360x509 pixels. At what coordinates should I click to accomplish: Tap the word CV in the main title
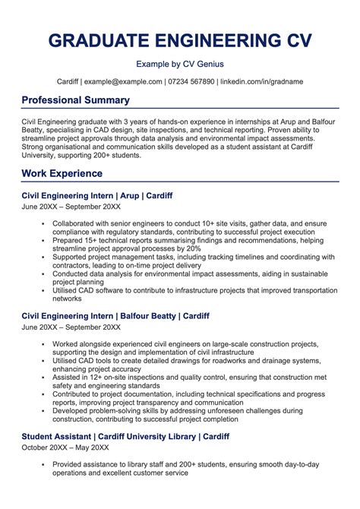[298, 41]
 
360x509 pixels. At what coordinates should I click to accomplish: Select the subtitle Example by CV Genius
[180, 65]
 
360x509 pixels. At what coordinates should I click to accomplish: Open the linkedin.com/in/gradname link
[262, 81]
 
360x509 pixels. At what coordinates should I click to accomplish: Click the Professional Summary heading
[75, 100]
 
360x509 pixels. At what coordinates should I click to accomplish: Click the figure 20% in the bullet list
[193, 248]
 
